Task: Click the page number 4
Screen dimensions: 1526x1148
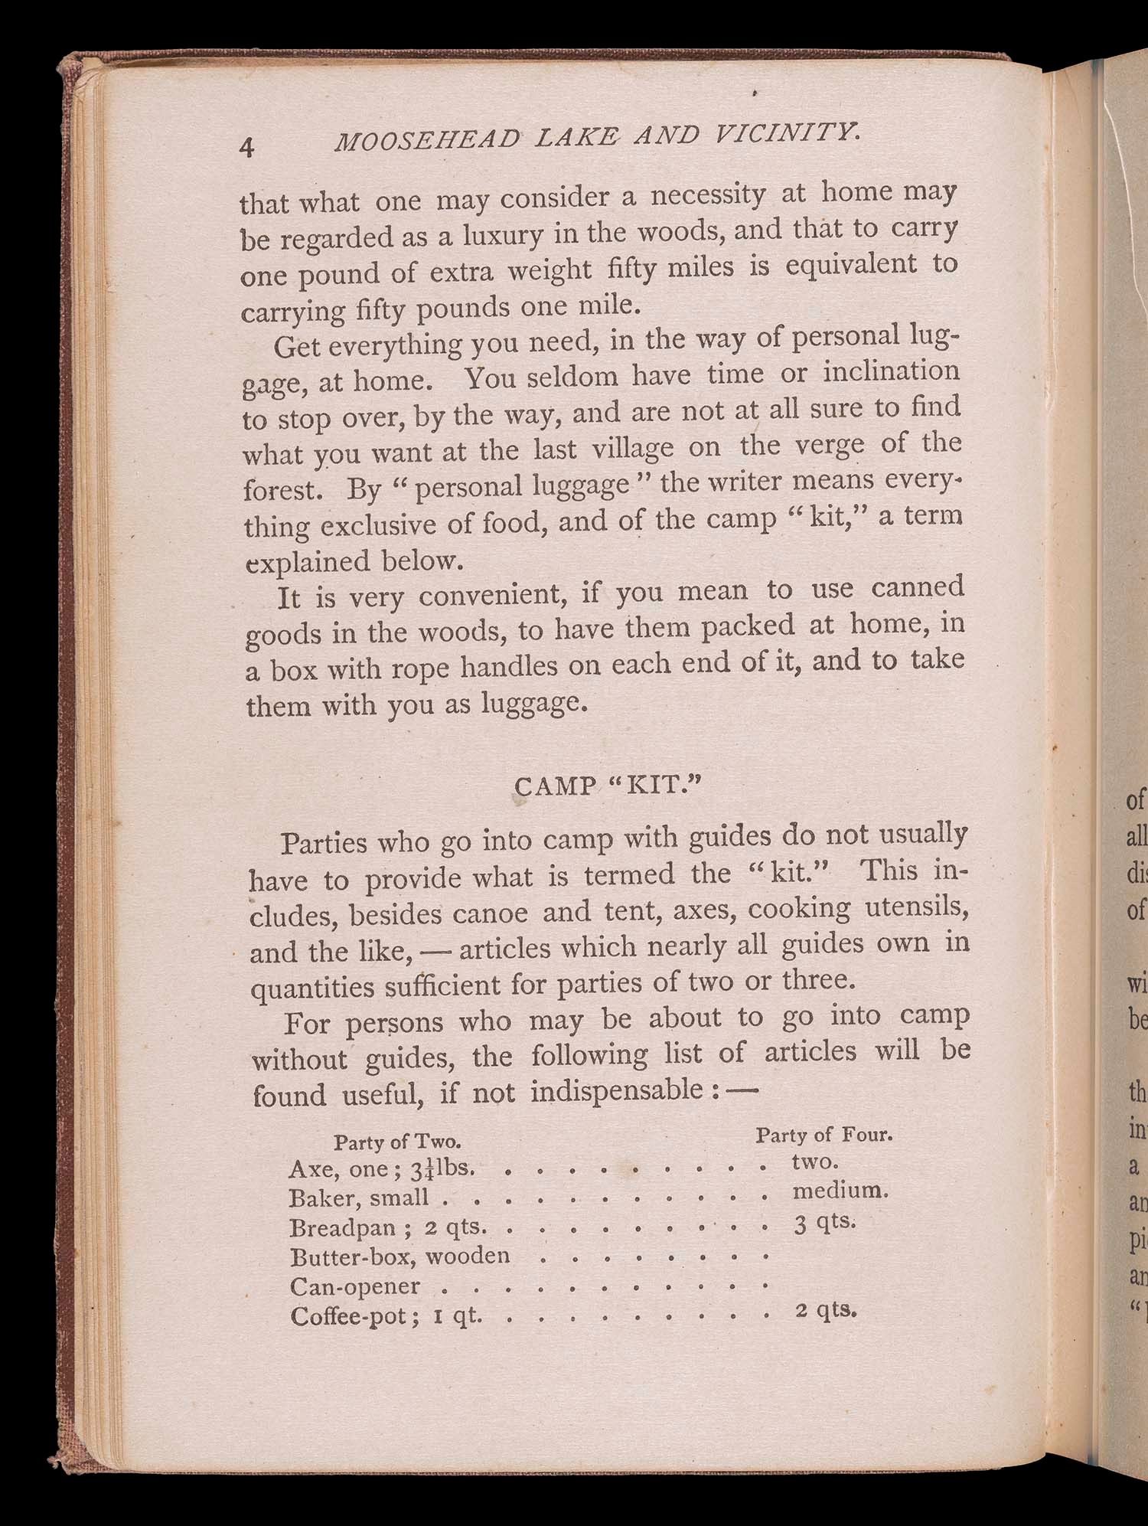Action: (x=246, y=146)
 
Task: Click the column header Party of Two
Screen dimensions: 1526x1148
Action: (x=397, y=1142)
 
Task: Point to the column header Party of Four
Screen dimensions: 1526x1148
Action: (x=824, y=1134)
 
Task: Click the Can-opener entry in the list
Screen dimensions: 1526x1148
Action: (x=354, y=1286)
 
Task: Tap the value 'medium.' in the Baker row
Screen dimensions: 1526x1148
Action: (x=840, y=1191)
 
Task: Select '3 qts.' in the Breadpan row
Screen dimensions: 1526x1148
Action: (x=824, y=1222)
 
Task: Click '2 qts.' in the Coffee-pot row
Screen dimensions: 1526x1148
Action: (x=826, y=1310)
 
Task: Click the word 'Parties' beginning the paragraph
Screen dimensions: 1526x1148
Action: (x=325, y=842)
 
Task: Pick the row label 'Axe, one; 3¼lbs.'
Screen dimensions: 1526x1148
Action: (x=383, y=1169)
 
